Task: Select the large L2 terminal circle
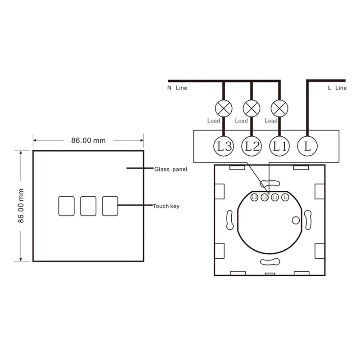(x=251, y=146)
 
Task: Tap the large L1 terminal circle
(x=279, y=146)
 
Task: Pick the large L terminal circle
(x=307, y=146)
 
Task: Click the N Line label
(x=177, y=88)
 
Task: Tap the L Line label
(x=337, y=88)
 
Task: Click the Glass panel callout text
(x=170, y=170)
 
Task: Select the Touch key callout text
(x=166, y=206)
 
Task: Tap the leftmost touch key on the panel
(x=66, y=205)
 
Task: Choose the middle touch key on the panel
(x=88, y=205)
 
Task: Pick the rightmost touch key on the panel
(x=110, y=205)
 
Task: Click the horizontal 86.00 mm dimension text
(x=88, y=140)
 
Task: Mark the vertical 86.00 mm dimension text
(x=20, y=206)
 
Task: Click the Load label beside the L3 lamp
(x=213, y=121)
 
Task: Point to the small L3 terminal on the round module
(x=254, y=198)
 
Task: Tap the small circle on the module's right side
(x=295, y=220)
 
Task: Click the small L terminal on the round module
(x=284, y=198)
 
